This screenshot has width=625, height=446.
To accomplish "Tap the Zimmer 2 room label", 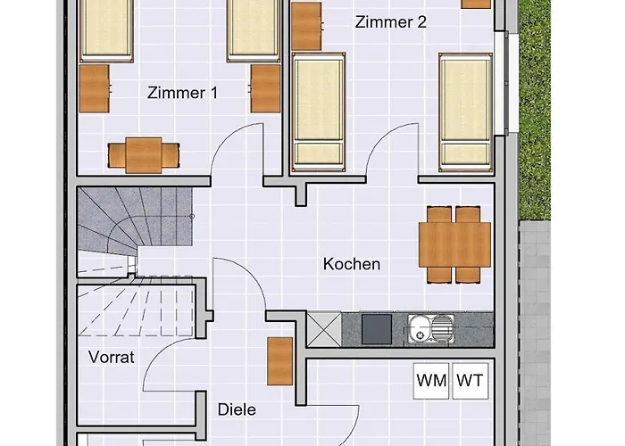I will [x=390, y=23].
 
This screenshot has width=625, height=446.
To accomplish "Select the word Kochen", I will [x=352, y=264].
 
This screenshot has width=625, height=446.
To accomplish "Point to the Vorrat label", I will [x=112, y=358].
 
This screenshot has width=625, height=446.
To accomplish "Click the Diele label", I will [x=237, y=409].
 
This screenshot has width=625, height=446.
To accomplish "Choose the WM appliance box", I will [x=432, y=380].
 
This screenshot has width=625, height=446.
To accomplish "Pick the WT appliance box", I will [x=471, y=380].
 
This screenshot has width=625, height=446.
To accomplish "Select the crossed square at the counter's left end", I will [x=322, y=329].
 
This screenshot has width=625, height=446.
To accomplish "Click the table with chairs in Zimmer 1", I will [x=144, y=153].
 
